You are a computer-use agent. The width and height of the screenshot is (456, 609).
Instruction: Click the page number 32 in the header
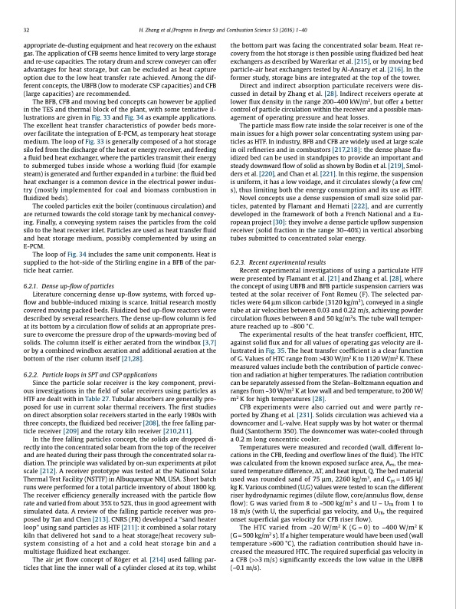click(27, 29)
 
